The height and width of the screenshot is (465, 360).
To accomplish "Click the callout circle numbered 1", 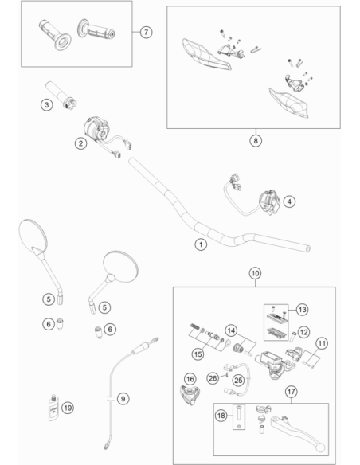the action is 201,244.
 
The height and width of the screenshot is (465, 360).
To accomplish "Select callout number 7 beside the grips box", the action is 146,32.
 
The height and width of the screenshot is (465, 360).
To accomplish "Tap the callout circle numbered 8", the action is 256,141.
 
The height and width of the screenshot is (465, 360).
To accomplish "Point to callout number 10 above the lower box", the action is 255,273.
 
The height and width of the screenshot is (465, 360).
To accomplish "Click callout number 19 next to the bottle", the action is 68,408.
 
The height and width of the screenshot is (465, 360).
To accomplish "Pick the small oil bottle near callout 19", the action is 53,408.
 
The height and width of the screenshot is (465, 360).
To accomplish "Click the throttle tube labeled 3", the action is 61,95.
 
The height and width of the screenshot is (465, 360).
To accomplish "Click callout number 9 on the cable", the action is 123,399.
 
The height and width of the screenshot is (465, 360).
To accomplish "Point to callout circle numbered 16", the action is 190,379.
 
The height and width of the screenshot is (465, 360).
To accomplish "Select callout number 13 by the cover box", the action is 302,310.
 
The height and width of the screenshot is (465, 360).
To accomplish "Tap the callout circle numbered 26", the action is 213,378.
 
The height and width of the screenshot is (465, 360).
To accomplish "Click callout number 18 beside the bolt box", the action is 221,416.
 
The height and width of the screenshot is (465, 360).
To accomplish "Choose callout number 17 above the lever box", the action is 292,392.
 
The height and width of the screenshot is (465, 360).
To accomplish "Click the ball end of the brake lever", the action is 320,447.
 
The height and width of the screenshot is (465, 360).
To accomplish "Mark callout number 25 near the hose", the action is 238,380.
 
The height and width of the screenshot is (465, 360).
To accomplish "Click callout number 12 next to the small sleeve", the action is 303,332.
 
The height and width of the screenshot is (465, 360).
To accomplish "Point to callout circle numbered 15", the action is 198,354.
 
